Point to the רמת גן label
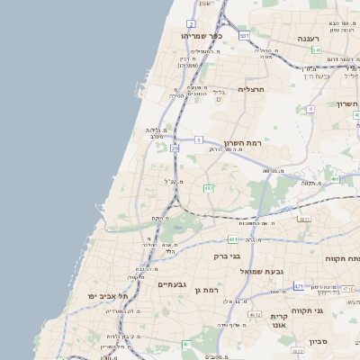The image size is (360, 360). (207, 290)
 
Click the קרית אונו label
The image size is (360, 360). (279, 322)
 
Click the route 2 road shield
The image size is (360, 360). (192, 23)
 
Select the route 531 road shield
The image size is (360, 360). (244, 34)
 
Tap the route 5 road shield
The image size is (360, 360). (198, 140)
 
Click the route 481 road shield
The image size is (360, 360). (233, 239)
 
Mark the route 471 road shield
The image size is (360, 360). (298, 286)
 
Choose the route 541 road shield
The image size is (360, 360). (316, 50)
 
